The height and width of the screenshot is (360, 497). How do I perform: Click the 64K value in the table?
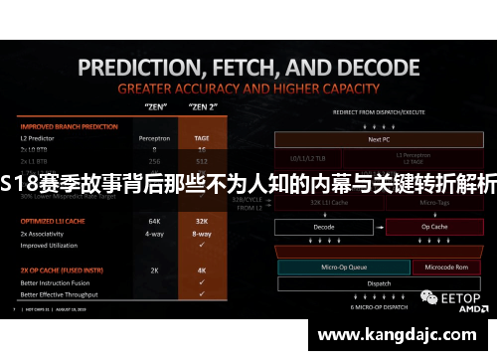click(x=155, y=220)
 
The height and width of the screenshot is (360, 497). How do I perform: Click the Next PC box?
click(x=379, y=140)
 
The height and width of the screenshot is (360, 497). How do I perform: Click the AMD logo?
click(x=461, y=309)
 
